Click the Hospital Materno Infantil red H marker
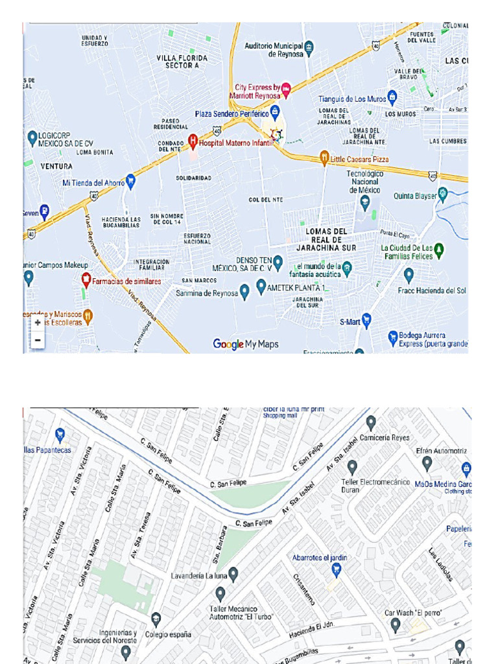(193, 140)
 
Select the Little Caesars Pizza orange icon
(324, 157)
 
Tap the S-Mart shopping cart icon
(366, 319)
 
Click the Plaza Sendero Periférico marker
(275, 111)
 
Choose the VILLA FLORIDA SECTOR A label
(182, 62)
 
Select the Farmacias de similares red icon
(86, 279)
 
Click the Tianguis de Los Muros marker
(392, 97)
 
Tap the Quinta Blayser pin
(443, 194)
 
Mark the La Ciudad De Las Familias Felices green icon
(439, 249)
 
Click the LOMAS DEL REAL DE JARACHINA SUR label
(326, 239)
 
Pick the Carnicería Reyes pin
(371, 423)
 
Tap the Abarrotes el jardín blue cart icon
(336, 569)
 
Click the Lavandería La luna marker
(233, 573)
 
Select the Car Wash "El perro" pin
(396, 625)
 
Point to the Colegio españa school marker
(156, 619)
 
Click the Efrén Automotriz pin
(427, 463)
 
